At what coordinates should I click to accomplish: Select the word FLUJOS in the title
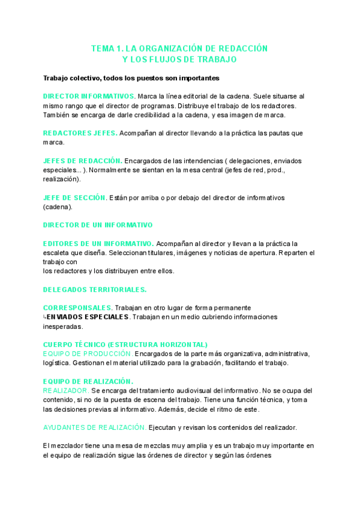pos(175,59)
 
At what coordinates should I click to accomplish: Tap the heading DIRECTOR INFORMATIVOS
pos(89,96)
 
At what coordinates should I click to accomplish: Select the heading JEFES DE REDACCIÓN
pos(83,161)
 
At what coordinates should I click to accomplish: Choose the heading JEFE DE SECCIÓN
pos(74,197)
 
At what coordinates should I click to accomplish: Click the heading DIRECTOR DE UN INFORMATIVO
pos(98,225)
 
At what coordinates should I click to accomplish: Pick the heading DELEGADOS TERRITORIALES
pos(95,289)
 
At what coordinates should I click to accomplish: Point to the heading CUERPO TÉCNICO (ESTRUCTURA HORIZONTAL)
pos(125,345)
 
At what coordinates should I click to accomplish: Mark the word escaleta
pos(59,253)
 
